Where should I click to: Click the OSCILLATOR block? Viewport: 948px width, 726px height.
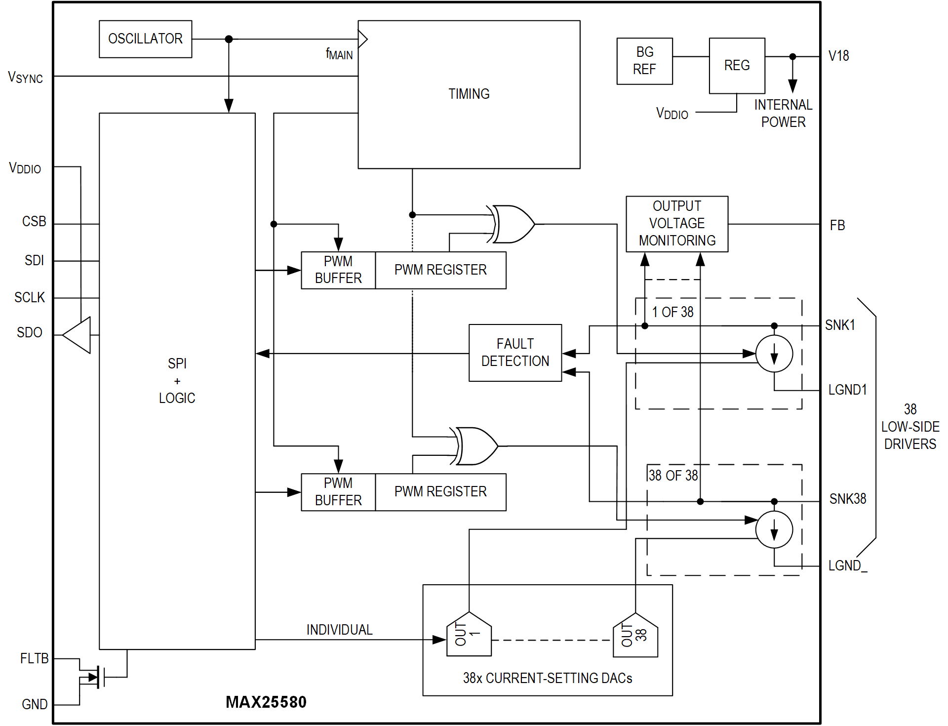click(x=145, y=39)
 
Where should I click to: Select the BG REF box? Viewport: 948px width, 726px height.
click(x=644, y=61)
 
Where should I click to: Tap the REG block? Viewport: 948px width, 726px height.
click(x=737, y=65)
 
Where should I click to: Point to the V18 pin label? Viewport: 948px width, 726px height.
click(x=838, y=56)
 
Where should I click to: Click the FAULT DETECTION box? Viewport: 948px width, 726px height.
click(x=515, y=353)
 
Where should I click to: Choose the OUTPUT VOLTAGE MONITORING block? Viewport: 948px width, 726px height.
click(x=676, y=224)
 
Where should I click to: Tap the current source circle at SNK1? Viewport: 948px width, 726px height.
click(x=774, y=354)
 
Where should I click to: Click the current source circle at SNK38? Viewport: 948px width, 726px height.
click(x=774, y=529)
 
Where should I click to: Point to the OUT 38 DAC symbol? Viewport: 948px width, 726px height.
click(x=635, y=635)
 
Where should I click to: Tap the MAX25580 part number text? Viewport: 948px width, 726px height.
click(x=266, y=702)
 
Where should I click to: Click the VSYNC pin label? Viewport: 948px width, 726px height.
click(x=25, y=78)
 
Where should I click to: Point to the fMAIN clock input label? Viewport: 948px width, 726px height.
click(x=339, y=54)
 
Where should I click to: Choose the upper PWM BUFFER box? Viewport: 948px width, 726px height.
click(x=338, y=270)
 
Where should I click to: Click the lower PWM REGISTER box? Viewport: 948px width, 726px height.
click(x=440, y=492)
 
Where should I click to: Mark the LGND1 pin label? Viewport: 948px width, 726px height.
click(x=847, y=390)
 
